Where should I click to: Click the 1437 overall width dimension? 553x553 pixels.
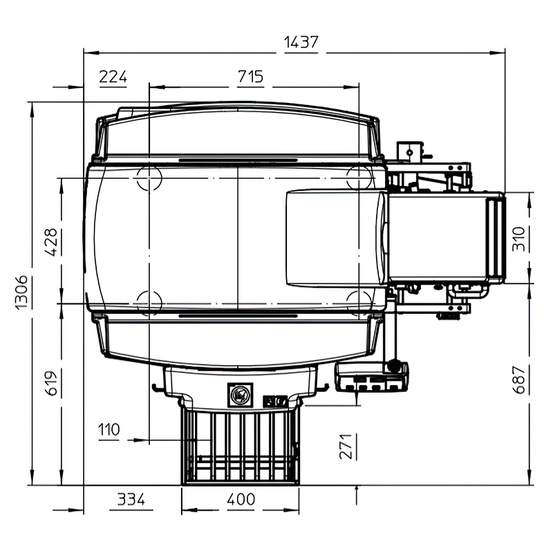[x=301, y=42]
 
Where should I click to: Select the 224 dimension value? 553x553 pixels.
[x=113, y=77]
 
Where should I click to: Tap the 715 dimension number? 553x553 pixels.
[x=250, y=77]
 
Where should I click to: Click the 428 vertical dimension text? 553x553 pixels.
[x=50, y=242]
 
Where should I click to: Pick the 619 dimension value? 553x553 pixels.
[x=50, y=384]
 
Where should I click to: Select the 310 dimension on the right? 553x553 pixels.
[x=518, y=238]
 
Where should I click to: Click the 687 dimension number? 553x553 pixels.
[x=518, y=379]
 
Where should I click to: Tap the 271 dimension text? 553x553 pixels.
[x=346, y=447]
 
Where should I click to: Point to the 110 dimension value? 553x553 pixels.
[x=109, y=429]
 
